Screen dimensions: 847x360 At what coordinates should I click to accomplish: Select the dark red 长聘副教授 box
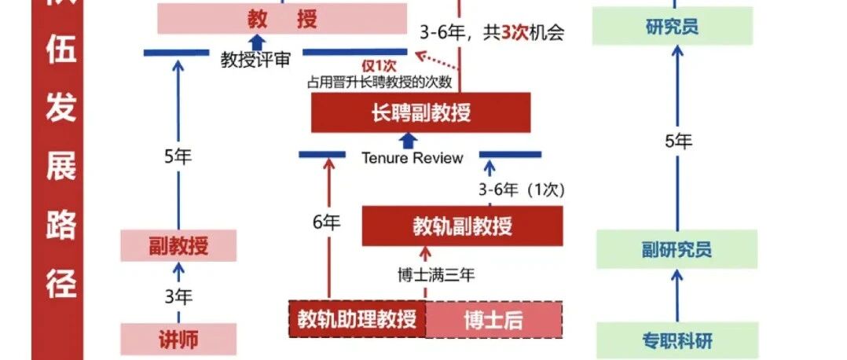[421, 112]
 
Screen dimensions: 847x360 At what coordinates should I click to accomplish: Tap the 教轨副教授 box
[462, 226]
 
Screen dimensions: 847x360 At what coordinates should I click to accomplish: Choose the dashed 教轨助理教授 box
[357, 319]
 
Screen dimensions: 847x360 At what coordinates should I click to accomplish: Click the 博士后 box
[494, 319]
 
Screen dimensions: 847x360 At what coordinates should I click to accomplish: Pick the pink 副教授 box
[178, 246]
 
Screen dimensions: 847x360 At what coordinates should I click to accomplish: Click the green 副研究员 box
[676, 249]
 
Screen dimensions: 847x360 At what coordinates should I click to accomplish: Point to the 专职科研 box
[676, 340]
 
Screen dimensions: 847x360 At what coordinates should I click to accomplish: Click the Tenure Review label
[412, 157]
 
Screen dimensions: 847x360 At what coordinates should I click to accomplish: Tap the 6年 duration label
[327, 222]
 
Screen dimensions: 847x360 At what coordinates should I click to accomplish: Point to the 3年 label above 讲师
[178, 296]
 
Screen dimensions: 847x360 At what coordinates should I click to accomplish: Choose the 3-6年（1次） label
[522, 189]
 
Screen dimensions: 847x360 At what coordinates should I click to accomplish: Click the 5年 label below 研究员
[678, 141]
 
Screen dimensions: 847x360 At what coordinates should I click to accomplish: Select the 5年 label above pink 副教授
[178, 156]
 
